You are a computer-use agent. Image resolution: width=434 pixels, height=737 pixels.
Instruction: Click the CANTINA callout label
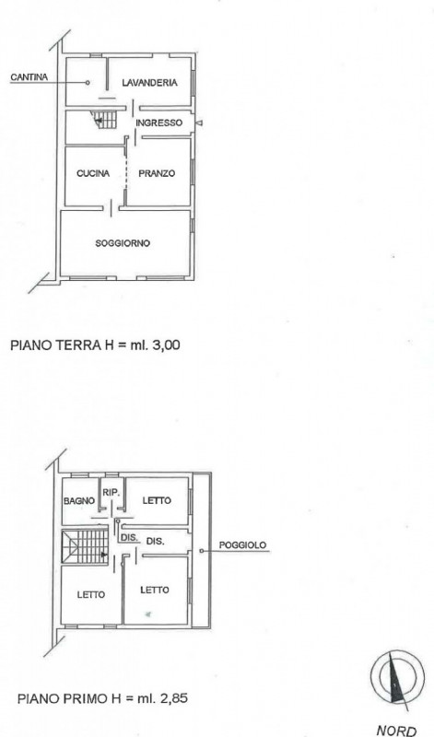(29, 77)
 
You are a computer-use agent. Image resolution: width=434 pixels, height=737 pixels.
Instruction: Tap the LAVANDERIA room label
(149, 83)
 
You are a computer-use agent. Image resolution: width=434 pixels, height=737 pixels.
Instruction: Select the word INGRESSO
(158, 123)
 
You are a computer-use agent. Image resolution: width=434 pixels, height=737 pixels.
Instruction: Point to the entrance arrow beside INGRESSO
(199, 123)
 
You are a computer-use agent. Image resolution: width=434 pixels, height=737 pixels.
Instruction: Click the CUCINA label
(93, 173)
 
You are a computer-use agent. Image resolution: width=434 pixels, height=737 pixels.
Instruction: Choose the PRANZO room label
(157, 173)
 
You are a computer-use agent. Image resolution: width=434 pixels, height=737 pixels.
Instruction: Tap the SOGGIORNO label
(123, 243)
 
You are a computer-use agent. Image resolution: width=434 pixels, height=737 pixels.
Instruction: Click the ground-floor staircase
(104, 120)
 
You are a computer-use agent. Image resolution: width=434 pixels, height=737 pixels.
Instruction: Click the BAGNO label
(79, 501)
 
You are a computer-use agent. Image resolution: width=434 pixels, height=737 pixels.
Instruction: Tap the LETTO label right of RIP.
(157, 500)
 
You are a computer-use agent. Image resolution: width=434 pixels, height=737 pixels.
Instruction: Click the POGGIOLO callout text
(242, 545)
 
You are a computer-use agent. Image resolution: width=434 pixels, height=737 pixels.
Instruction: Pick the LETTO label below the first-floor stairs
(90, 595)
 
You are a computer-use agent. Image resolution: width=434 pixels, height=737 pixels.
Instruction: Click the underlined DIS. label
(129, 538)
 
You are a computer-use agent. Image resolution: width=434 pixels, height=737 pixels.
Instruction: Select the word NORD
(396, 731)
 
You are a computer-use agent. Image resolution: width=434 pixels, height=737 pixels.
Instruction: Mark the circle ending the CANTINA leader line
(88, 83)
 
